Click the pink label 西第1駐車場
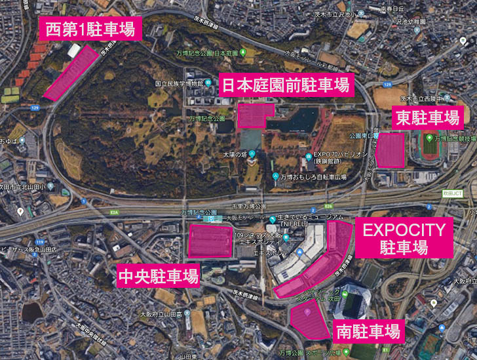click(90, 28)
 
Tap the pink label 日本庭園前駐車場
click(285, 85)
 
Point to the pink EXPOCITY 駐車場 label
click(404, 239)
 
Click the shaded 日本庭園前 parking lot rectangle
click(256, 115)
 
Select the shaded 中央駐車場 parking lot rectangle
click(210, 241)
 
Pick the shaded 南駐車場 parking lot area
click(310, 319)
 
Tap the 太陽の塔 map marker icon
click(252, 155)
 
